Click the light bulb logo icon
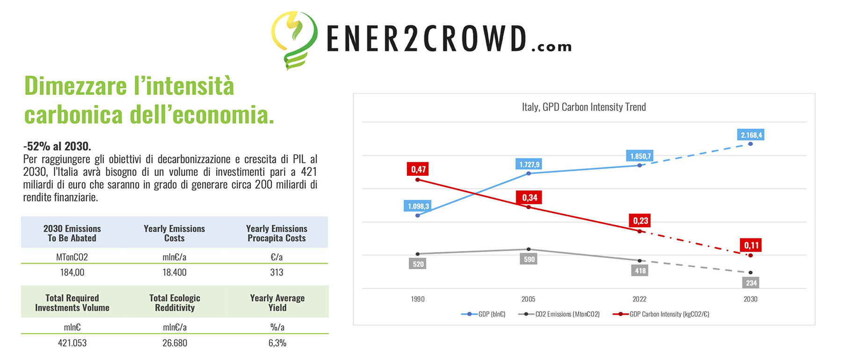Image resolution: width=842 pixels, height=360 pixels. [294, 40]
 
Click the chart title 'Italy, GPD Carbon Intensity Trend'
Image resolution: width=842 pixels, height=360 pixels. [584, 107]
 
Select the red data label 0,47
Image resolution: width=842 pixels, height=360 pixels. [418, 169]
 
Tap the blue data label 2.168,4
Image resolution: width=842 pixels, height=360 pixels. [751, 135]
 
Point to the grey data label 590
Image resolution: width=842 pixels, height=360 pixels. [529, 259]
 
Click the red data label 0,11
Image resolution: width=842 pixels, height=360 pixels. [751, 245]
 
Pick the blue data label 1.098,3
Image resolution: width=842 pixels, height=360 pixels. [418, 206]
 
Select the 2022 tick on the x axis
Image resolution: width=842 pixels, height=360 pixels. [639, 299]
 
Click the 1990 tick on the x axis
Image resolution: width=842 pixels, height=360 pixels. [418, 299]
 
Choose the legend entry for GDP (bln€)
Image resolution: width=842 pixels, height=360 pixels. [483, 314]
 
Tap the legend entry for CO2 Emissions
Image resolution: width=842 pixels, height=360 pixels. [559, 314]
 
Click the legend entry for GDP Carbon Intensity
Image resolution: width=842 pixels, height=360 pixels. [661, 314]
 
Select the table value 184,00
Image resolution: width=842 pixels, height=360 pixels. [72, 273]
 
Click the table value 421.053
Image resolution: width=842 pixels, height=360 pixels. [72, 343]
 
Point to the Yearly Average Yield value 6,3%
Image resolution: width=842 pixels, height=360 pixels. [277, 343]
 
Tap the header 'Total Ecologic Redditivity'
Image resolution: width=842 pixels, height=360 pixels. [174, 303]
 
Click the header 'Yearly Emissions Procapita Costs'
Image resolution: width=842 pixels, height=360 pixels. [276, 233]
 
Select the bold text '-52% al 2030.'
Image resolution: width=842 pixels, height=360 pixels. [57, 146]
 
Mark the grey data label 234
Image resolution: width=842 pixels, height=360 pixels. [751, 283]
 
